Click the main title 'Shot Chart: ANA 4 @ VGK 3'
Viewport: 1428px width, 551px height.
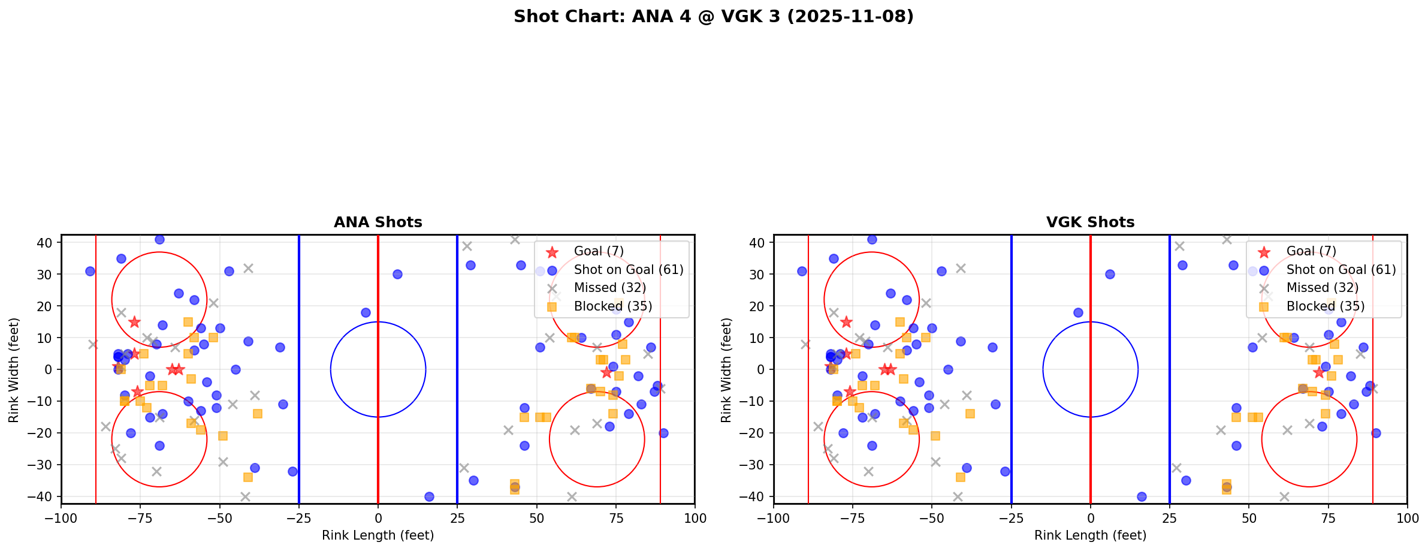(x=713, y=16)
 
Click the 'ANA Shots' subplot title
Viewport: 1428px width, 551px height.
(x=378, y=222)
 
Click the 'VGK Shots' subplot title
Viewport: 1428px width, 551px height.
(x=1090, y=222)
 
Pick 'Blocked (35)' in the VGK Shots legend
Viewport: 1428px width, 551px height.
(x=1325, y=306)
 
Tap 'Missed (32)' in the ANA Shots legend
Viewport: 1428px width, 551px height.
(x=609, y=288)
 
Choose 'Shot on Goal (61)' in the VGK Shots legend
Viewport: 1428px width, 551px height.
(x=1341, y=270)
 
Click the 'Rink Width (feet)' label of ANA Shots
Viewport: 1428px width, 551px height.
(x=14, y=370)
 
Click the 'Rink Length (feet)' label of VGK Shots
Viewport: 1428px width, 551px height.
(x=1090, y=535)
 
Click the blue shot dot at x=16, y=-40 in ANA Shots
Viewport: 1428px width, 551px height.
(x=429, y=496)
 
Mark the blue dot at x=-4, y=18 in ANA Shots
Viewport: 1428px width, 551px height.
(x=366, y=312)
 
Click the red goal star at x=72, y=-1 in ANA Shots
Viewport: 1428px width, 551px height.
(x=606, y=373)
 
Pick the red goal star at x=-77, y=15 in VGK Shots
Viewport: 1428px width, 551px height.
(x=846, y=322)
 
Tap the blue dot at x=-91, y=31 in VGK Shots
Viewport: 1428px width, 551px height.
(x=802, y=271)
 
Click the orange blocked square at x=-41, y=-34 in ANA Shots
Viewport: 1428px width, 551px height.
(x=248, y=477)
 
